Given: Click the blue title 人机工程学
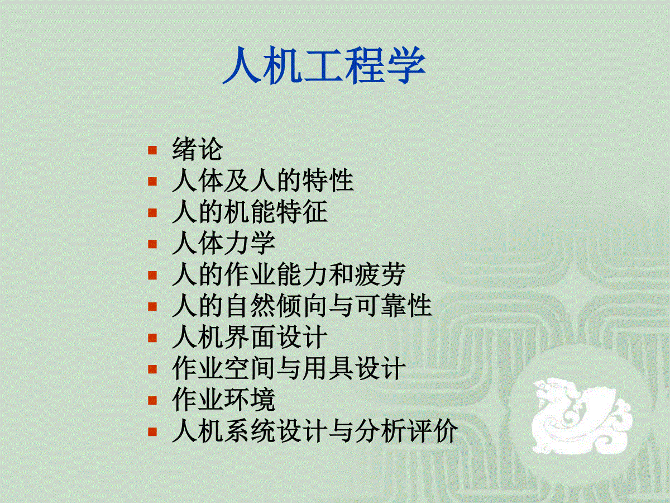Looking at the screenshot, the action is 324,65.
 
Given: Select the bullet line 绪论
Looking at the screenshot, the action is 198,149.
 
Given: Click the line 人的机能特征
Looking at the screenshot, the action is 250,212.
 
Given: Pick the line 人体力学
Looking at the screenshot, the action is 224,243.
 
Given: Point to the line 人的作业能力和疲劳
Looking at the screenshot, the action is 289,274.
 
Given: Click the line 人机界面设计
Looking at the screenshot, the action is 250,337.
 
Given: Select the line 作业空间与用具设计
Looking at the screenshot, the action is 289,368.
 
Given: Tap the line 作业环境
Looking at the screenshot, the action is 224,400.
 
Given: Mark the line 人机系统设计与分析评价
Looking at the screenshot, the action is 315,431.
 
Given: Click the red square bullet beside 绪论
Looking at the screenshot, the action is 152,150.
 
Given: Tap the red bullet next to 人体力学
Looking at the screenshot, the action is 152,244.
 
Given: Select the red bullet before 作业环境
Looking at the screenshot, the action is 152,400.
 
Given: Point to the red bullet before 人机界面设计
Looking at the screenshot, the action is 152,338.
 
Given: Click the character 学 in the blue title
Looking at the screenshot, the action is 406,65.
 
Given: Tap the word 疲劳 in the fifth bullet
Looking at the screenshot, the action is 380,274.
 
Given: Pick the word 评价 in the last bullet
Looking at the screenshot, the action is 432,431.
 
